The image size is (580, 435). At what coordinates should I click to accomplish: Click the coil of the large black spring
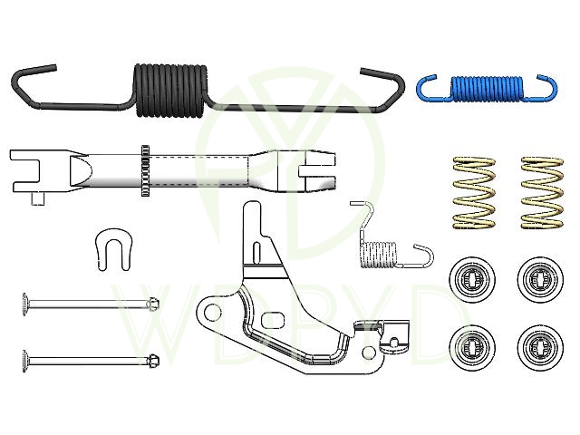pos(169,91)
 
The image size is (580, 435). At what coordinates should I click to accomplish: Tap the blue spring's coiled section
pos(487,89)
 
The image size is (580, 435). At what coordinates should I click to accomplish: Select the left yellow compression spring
pos(474,192)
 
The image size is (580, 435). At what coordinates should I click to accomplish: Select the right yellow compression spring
pos(542,192)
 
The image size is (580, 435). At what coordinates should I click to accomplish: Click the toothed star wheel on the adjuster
pos(145,170)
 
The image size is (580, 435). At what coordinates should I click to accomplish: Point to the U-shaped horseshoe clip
pos(114,249)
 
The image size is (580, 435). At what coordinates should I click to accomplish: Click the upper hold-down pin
pos(91,304)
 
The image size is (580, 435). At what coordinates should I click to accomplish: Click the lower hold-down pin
pos(91,360)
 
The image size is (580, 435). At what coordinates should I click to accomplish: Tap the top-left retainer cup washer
pos(472,279)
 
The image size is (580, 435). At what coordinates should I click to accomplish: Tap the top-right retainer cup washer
pos(540,279)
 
